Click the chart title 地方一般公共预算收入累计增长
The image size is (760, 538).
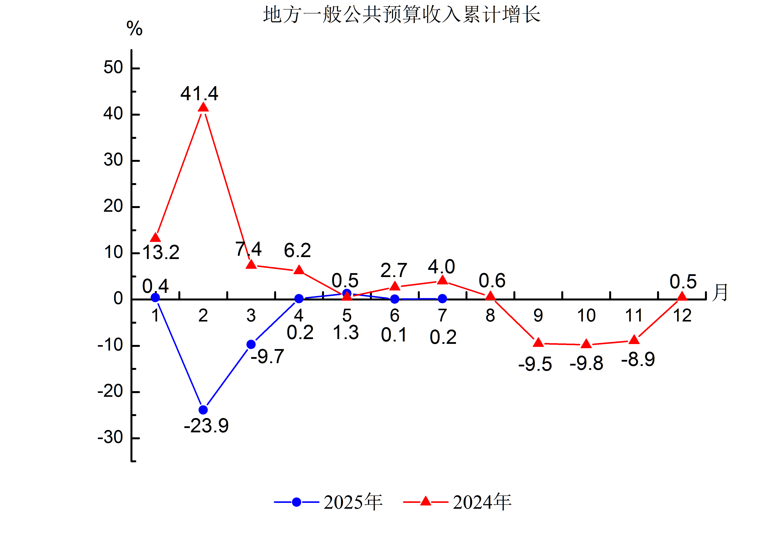(402, 15)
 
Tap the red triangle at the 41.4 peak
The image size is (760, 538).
(203, 108)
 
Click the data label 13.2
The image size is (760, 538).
(161, 253)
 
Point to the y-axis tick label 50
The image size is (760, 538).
(113, 68)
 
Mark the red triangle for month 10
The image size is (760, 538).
(586, 344)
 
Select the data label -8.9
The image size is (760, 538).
(638, 360)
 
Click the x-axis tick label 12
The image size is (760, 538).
(682, 315)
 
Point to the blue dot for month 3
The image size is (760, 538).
(251, 344)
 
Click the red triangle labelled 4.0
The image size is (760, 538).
(443, 280)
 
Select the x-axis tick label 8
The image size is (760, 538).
(490, 315)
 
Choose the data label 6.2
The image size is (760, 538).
(297, 250)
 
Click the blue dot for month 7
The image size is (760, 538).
(443, 299)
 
